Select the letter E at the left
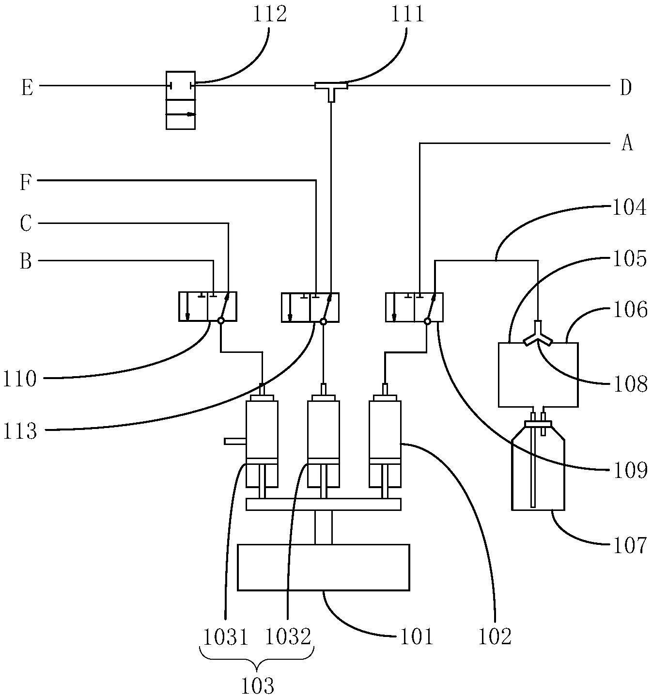(x=27, y=88)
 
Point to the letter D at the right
(x=626, y=88)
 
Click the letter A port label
(x=627, y=143)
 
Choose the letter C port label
(x=26, y=224)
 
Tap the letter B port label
(x=26, y=261)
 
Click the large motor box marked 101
(x=323, y=567)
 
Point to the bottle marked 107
(x=538, y=470)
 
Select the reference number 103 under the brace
(x=257, y=685)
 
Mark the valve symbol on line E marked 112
(x=181, y=100)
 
